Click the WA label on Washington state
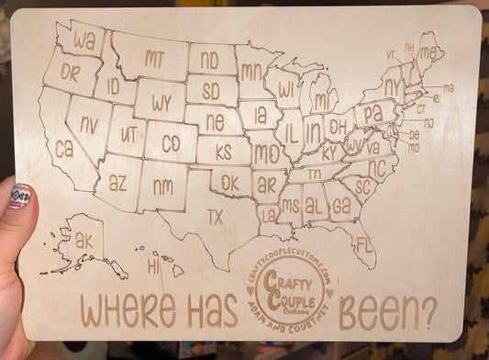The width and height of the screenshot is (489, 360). pos(84,41)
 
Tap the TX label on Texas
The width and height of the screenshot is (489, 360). pos(215,217)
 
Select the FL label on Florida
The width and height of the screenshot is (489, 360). pos(364,245)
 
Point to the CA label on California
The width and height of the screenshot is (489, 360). pos(63,147)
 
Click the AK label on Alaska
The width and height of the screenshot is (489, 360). pos(84,241)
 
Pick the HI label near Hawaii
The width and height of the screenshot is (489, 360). pos(153,267)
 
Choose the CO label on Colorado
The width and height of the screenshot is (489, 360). pos(171,144)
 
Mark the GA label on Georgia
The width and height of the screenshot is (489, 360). pos(341,207)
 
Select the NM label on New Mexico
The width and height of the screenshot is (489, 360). pos(162,186)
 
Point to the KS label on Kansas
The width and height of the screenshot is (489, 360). pos(223,152)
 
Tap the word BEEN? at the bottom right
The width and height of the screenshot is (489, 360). pos(388,313)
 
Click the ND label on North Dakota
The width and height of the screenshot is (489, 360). pos(210,62)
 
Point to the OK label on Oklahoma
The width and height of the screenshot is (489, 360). pos(229,183)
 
